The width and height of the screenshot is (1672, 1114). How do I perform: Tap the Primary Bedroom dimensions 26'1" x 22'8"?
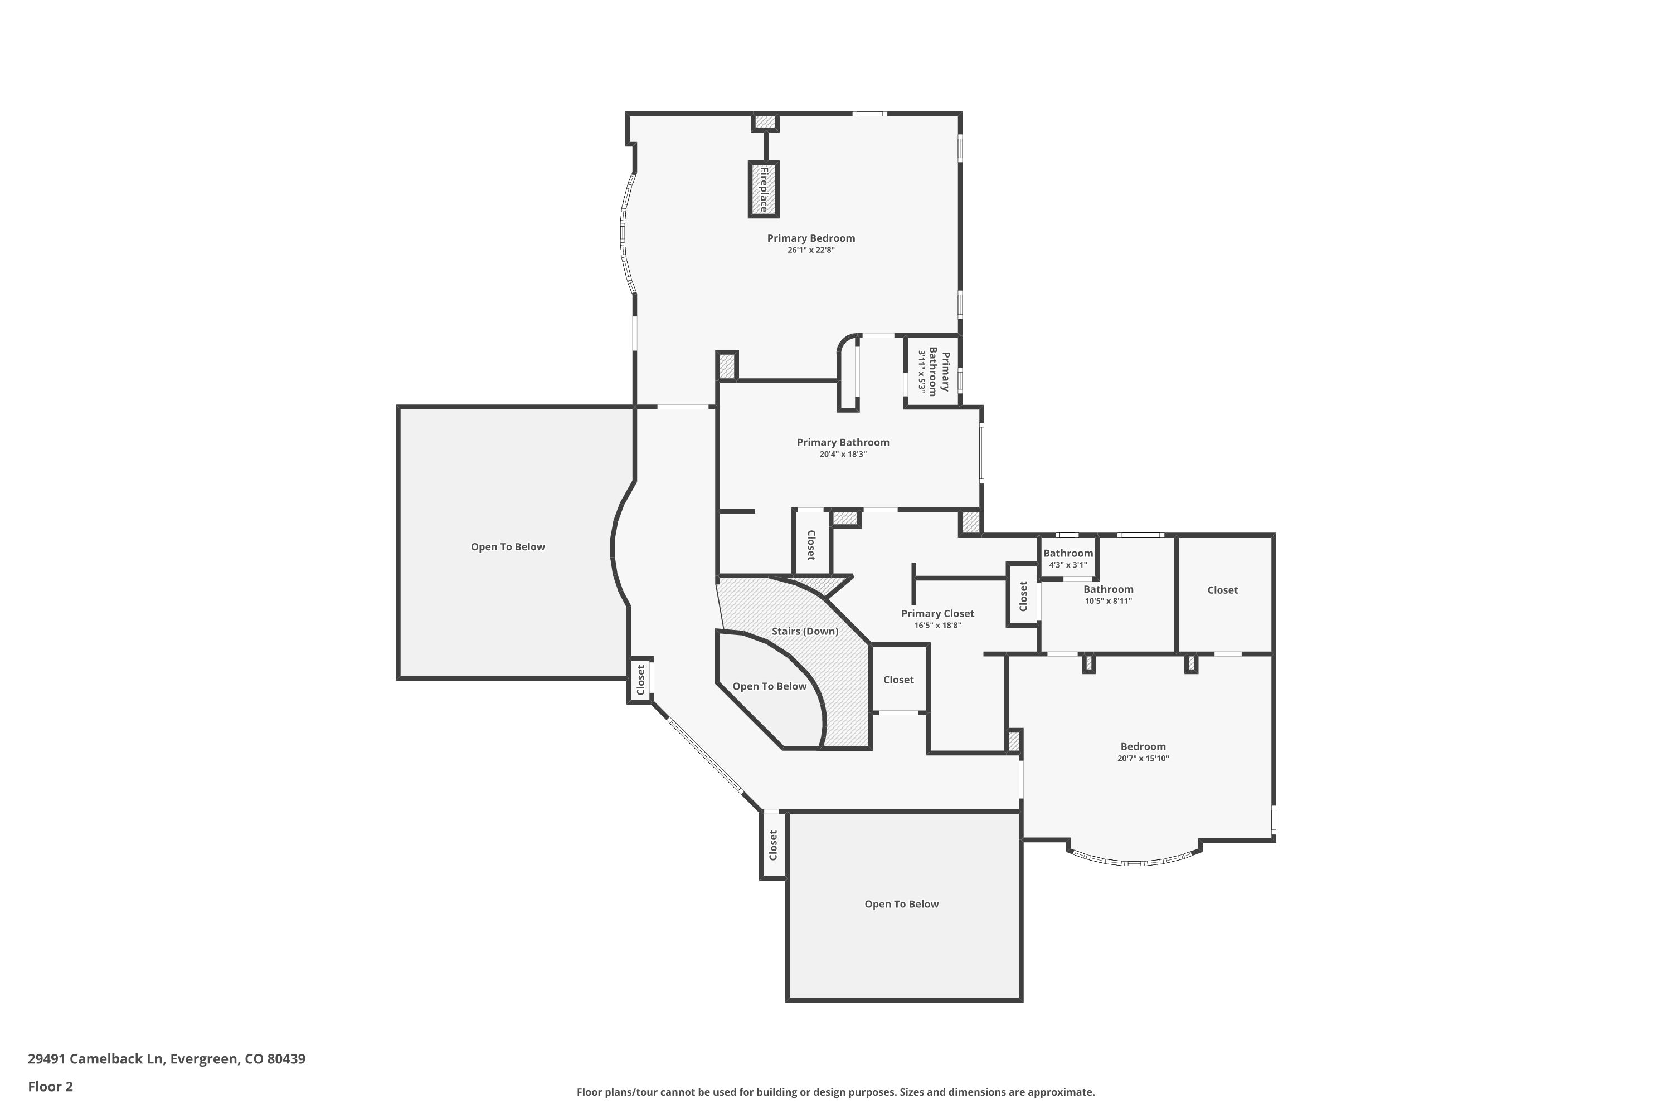[810, 250]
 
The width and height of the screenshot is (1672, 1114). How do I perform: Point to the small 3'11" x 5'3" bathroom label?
[922, 372]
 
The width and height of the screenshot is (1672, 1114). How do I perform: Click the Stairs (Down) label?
[805, 631]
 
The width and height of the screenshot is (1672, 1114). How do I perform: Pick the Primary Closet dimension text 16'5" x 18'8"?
[937, 625]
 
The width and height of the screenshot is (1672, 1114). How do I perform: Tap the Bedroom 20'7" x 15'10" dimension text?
[1143, 758]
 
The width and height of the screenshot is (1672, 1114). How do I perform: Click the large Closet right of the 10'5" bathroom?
[1222, 590]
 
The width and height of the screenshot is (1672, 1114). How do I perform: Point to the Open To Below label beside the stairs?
[769, 686]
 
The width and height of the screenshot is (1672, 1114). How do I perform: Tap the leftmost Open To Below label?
[508, 547]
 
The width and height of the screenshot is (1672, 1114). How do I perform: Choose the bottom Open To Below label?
[901, 905]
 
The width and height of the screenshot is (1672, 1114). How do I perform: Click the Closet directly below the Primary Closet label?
[898, 680]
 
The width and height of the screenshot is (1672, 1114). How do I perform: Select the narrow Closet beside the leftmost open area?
[640, 680]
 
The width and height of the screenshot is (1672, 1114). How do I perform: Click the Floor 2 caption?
[51, 1086]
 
